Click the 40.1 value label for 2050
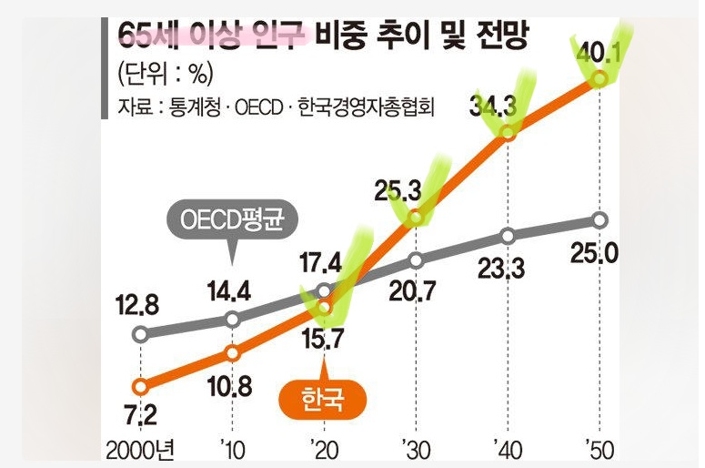click(599, 53)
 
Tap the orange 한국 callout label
click(323, 400)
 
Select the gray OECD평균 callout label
click(232, 220)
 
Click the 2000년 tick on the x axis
click(140, 451)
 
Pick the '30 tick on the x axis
click(416, 451)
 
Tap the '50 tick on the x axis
click(599, 451)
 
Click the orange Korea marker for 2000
click(140, 386)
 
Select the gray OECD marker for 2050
click(599, 220)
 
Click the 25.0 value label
click(594, 254)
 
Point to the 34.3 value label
click(493, 107)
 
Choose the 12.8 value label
click(137, 306)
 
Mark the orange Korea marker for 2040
click(508, 133)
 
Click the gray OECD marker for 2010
click(232, 320)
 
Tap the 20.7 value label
click(413, 291)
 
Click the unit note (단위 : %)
click(165, 74)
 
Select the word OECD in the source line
click(259, 107)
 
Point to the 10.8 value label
click(230, 387)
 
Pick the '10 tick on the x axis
click(233, 451)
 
